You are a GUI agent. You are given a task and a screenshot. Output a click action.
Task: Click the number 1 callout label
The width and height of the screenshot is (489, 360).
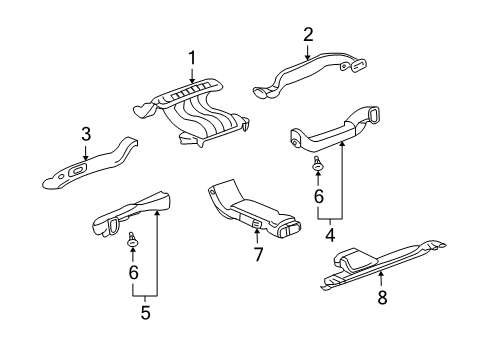pos(191,57)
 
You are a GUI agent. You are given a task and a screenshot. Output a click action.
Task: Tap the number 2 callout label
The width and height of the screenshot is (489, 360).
pos(308,35)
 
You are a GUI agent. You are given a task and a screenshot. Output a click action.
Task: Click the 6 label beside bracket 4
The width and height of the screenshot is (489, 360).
pos(319,197)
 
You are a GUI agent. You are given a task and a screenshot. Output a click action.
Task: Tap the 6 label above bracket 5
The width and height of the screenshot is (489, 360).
pos(133,272)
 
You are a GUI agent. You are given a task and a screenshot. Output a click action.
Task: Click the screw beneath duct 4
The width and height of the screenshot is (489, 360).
pos(319,165)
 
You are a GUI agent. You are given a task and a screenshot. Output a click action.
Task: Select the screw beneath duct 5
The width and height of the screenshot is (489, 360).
pos(133,239)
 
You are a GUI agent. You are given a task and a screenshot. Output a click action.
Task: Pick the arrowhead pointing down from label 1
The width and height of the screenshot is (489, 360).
pos(191,79)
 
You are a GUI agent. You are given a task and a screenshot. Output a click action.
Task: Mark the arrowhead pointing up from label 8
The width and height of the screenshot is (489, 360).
pos(381,273)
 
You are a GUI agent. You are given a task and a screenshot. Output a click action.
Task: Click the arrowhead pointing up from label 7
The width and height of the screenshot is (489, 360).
pos(257,233)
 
